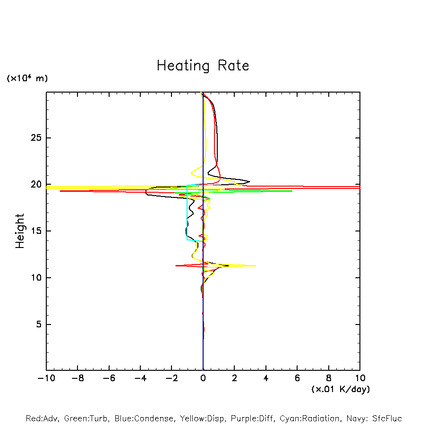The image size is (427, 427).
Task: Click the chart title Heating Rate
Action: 203,66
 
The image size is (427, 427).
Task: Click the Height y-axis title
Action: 20,231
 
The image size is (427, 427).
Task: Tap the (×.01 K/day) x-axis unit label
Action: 340,389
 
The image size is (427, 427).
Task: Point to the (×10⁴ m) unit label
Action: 27,78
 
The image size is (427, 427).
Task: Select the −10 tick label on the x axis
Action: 46,378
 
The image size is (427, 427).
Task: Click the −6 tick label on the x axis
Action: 109,378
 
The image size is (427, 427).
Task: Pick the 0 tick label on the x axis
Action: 203,378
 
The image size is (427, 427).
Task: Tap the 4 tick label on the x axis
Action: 266,378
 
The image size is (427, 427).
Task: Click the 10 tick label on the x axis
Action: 359,378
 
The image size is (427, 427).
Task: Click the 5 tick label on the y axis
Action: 40,325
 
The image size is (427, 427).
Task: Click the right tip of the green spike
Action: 292,191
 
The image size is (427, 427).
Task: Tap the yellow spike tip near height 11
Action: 256,265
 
